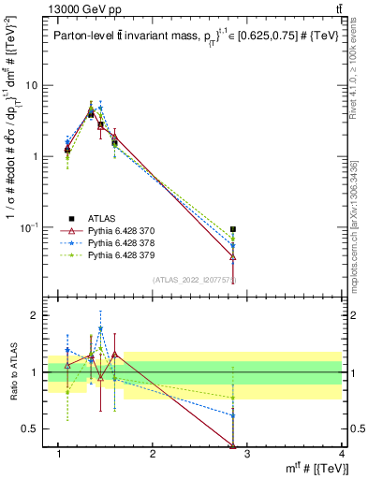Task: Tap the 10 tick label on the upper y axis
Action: coord(32,85)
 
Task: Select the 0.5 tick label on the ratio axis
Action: coord(31,429)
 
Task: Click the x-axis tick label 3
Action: coord(245,456)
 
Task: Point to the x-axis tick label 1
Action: coord(58,456)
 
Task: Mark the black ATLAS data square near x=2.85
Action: coord(233,229)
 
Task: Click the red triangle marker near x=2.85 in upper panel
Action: coord(233,256)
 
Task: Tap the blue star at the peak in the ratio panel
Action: coord(100,329)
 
